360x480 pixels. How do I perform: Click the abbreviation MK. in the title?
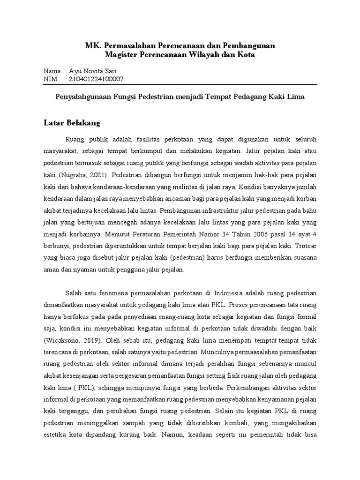(92, 45)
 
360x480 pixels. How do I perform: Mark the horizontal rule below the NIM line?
(180, 85)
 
